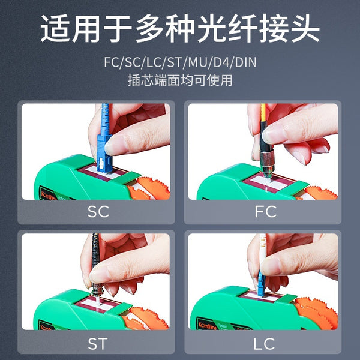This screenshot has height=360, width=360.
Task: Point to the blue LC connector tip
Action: tap(262, 287)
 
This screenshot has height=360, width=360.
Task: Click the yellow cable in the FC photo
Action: tap(262, 123)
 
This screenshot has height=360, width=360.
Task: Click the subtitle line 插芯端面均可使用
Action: tap(179, 80)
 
